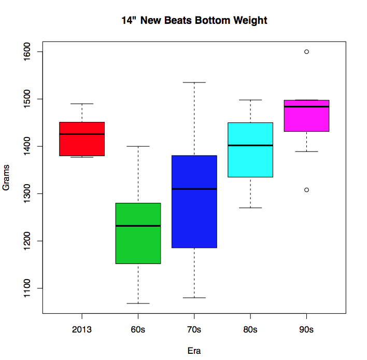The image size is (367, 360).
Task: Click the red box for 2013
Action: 82,139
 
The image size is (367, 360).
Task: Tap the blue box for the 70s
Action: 194,202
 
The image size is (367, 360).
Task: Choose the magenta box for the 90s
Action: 306,116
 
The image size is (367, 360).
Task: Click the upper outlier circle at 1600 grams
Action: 306,52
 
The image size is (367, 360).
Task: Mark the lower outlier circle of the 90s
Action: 306,190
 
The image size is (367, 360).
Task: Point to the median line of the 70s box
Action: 194,189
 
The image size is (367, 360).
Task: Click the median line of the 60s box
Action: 138,226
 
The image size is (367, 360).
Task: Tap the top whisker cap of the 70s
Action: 194,82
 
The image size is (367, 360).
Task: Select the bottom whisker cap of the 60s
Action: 138,303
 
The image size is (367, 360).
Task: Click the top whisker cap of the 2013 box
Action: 82,104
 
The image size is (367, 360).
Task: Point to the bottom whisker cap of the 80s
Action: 250,207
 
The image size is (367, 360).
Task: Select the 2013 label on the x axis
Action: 82,329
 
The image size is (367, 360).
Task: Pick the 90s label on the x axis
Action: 306,329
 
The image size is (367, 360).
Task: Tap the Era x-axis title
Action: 194,351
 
